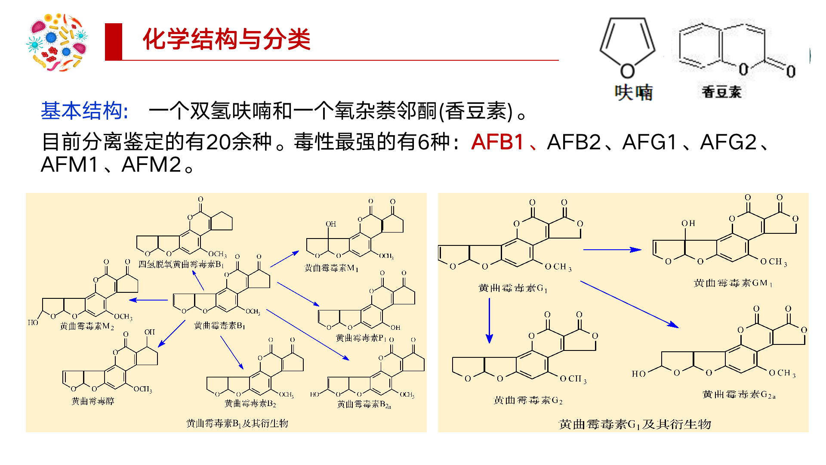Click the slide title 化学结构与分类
tap(226, 40)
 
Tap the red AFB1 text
tap(497, 142)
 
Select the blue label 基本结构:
tap(84, 111)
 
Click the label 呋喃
tap(633, 93)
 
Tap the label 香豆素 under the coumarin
tap(721, 92)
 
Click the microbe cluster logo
tap(57, 42)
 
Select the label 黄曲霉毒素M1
tap(331, 268)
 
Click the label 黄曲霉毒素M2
tap(87, 326)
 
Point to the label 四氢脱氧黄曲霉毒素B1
tap(181, 264)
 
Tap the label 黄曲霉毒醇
tap(92, 401)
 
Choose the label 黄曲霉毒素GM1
tap(733, 283)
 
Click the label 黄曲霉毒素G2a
tap(739, 394)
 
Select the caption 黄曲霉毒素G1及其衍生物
tap(635, 425)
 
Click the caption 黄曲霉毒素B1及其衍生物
tap(237, 424)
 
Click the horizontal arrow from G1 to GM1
tap(612, 249)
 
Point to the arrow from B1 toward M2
tap(148, 300)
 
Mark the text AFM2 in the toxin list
tap(151, 165)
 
